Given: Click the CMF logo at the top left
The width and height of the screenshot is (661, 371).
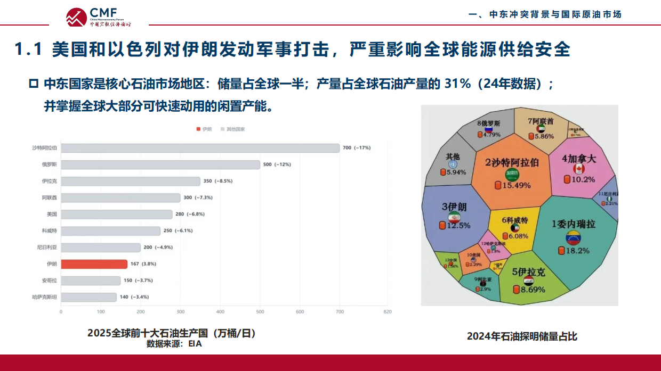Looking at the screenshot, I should coord(99,17).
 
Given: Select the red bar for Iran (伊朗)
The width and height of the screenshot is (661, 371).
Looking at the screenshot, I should coord(94,264).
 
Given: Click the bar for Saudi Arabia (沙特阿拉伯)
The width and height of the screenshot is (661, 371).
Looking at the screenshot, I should coord(200,148).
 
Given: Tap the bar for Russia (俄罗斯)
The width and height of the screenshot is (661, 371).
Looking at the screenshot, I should coord(160,164).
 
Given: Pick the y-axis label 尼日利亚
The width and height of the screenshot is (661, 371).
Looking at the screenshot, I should coord(48,248).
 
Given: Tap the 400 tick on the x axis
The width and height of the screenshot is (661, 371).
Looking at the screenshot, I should coord(220,312).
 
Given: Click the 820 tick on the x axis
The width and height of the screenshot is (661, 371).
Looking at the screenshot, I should coord(388,312).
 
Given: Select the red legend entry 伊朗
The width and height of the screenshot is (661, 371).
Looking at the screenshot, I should coord(204,129).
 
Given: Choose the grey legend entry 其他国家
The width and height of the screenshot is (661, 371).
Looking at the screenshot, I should coord(233,129).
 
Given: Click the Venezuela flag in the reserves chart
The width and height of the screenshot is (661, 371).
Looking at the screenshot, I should coord(573,237).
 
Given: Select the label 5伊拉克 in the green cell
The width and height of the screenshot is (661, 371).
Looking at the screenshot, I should coord(529,272).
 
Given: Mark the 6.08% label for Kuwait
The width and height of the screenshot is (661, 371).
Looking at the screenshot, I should coord(518,236).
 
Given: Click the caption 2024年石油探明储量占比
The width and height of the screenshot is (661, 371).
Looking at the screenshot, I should coord(522,336).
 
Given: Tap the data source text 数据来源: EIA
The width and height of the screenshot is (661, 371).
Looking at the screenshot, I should coord(174,344).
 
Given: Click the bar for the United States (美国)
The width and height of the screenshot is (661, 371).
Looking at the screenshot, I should coord(116,215).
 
